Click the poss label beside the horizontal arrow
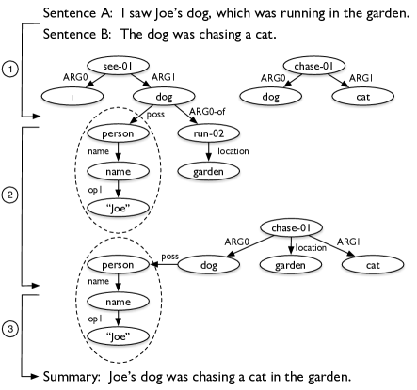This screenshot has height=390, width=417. tap(170, 256)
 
